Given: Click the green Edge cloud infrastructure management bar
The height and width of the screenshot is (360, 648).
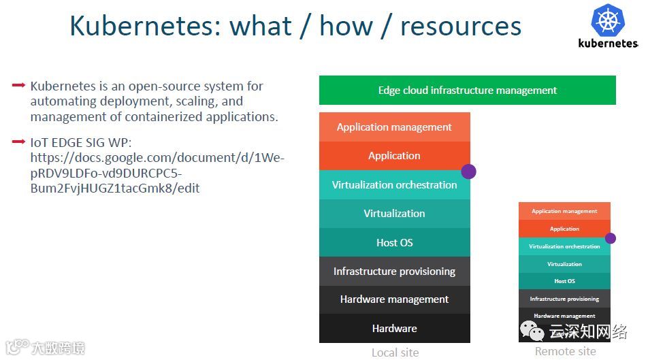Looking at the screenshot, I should tap(467, 90).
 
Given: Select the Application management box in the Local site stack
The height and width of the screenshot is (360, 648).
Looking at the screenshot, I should tap(394, 127).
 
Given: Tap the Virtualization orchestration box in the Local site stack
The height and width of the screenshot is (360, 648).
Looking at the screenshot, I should tap(394, 185).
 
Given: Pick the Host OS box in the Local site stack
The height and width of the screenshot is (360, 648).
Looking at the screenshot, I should tap(394, 243).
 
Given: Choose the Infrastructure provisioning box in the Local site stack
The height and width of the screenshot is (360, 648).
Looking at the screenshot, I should tap(394, 272).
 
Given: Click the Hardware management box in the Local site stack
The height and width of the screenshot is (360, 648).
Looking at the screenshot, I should tap(394, 299).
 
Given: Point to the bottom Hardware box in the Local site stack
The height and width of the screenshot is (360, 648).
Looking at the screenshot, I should tap(394, 328).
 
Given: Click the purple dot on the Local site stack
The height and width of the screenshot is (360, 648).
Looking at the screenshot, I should tap(468, 171).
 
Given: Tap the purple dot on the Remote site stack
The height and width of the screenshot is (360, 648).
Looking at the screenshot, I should tap(611, 238).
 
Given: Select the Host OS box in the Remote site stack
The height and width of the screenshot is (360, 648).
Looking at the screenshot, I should tap(564, 281).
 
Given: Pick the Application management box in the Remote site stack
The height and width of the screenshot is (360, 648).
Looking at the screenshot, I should tap(564, 211).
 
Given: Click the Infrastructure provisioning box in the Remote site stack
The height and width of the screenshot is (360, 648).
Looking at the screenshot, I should tap(564, 299).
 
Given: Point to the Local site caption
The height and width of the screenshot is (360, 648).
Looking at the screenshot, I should tap(395, 353).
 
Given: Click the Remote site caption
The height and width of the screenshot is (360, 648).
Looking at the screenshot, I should tap(565, 351).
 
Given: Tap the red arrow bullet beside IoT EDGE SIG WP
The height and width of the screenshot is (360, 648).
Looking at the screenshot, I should tap(19, 142).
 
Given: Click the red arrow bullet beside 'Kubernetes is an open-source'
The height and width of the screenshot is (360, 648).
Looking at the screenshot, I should tap(19, 86).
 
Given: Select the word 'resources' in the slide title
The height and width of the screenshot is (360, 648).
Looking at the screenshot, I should tap(461, 27).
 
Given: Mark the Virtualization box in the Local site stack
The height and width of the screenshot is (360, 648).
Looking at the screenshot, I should tap(394, 214).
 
